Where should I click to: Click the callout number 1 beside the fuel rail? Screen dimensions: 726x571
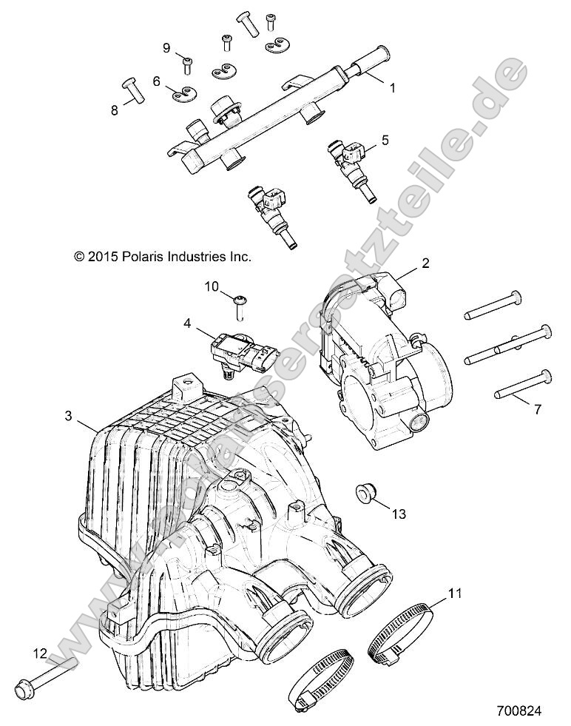(x=392, y=87)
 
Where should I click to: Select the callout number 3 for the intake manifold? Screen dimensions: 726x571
(x=68, y=416)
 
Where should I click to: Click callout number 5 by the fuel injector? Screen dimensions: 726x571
(x=384, y=138)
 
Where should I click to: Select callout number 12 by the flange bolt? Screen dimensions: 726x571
(x=39, y=652)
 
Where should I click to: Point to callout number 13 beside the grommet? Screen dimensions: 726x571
(x=399, y=514)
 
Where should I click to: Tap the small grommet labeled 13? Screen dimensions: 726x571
(x=363, y=491)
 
